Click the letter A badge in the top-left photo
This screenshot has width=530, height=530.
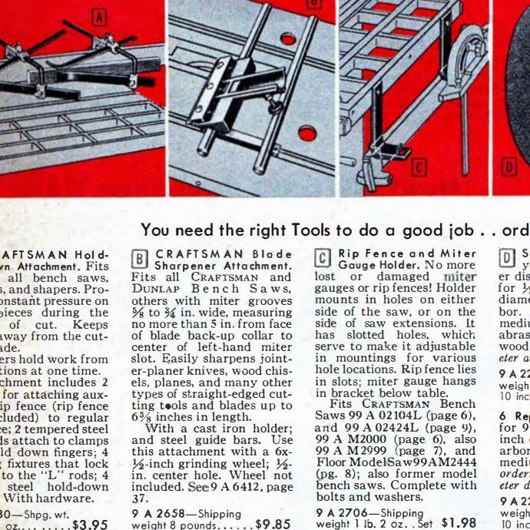coord(99,15)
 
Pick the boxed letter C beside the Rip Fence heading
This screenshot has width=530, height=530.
coord(324,257)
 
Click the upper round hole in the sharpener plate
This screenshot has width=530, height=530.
coord(289,38)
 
